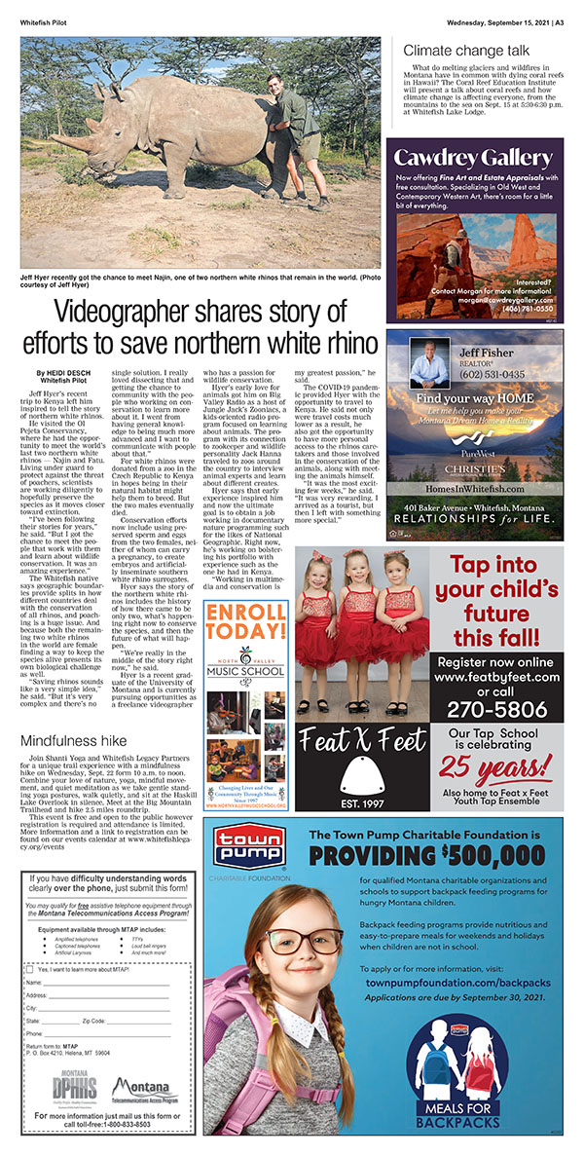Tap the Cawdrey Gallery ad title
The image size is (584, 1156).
tap(473, 158)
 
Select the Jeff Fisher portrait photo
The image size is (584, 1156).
tap(429, 363)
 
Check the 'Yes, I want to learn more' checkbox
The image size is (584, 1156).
tap(30, 971)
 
